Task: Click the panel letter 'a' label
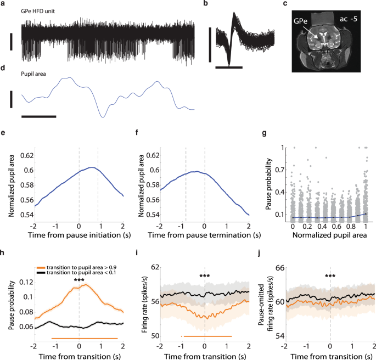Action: (x=4, y=4)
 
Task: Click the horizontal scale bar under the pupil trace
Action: (x=39, y=116)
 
